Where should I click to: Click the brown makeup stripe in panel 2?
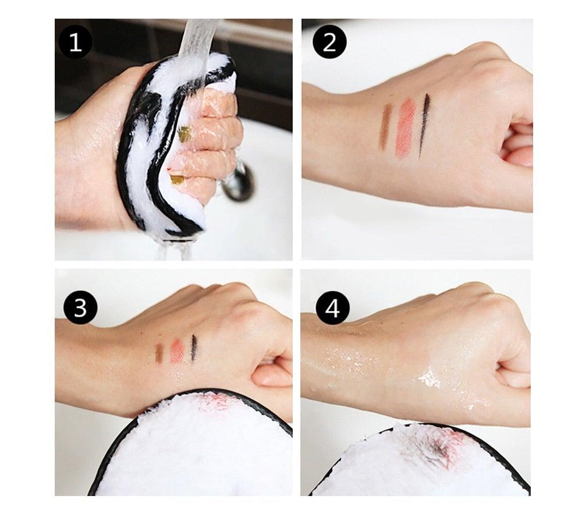[385, 126]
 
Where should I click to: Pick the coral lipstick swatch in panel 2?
[405, 128]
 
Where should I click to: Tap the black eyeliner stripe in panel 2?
[424, 123]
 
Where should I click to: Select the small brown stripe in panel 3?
[159, 352]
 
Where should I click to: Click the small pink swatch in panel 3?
[177, 350]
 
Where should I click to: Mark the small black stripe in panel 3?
[194, 348]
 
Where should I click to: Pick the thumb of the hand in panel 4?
[512, 378]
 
